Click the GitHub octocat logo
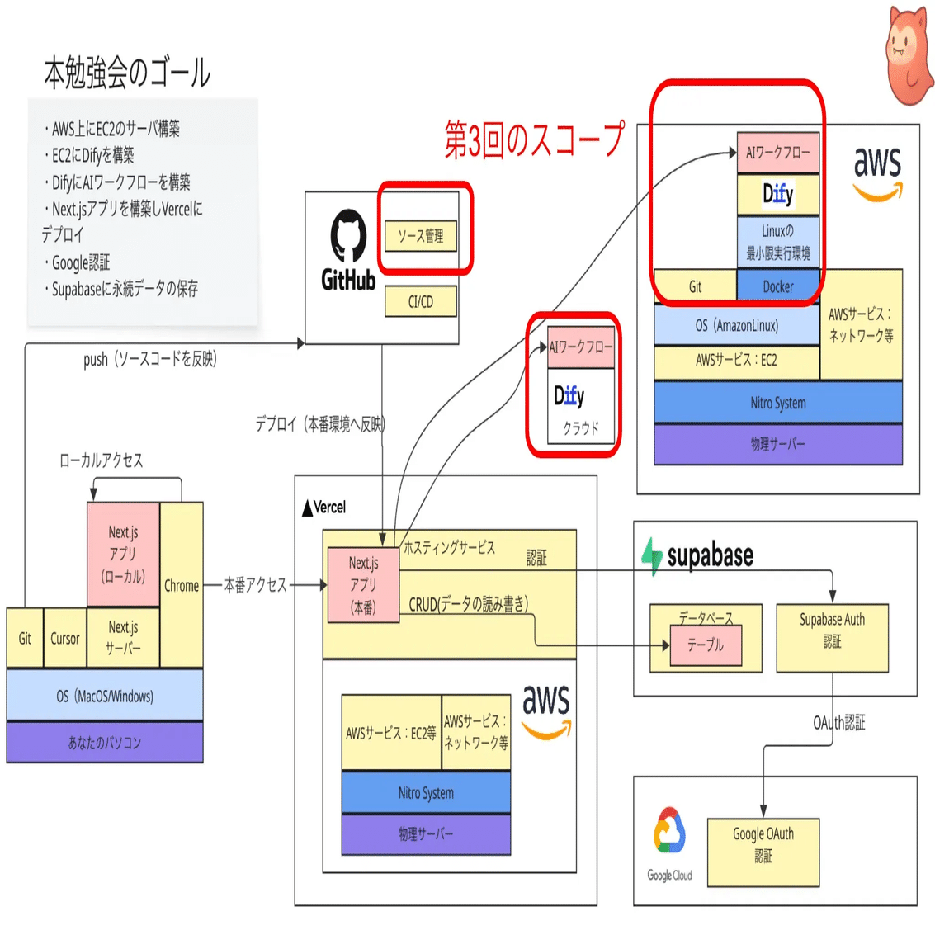[348, 236]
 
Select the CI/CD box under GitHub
[420, 302]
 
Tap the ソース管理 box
[420, 236]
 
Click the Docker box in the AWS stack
[777, 286]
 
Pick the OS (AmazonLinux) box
[736, 325]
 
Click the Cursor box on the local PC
[64, 638]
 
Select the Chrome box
[182, 585]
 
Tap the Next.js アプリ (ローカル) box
[123, 554]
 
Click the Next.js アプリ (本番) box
[363, 585]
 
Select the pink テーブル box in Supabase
[705, 645]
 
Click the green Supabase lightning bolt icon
[652, 555]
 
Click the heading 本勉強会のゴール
[127, 73]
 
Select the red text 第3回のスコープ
[534, 139]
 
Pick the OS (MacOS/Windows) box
[105, 696]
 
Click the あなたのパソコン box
[105, 743]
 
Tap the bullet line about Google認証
[80, 262]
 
